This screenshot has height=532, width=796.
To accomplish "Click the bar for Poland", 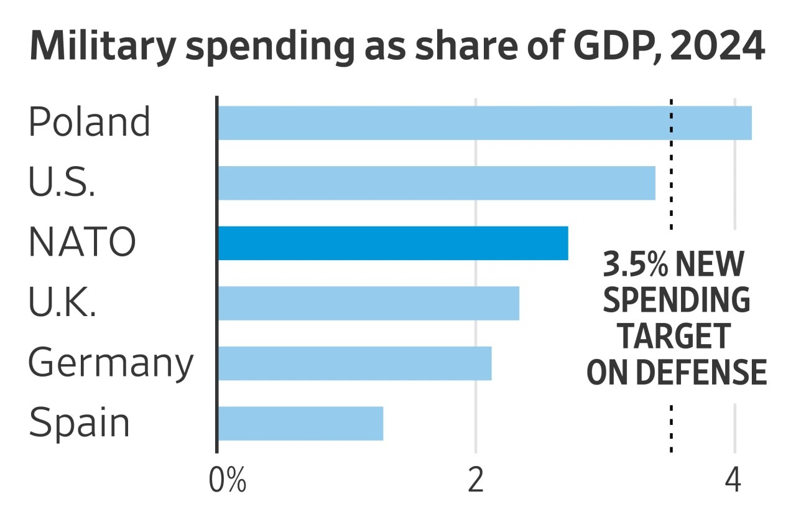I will click(x=484, y=123).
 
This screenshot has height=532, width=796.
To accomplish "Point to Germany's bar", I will click(x=354, y=363).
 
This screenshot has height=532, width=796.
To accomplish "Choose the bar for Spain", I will click(x=300, y=423).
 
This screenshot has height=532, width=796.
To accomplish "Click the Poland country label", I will click(x=90, y=122).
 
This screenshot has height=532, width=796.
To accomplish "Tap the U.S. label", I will click(x=62, y=182).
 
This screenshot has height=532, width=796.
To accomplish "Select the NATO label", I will click(x=81, y=243).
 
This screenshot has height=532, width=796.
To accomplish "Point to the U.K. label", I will click(x=62, y=302).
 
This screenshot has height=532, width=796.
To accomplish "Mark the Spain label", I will click(x=80, y=424).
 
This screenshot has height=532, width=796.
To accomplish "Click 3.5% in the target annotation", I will click(x=636, y=265).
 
